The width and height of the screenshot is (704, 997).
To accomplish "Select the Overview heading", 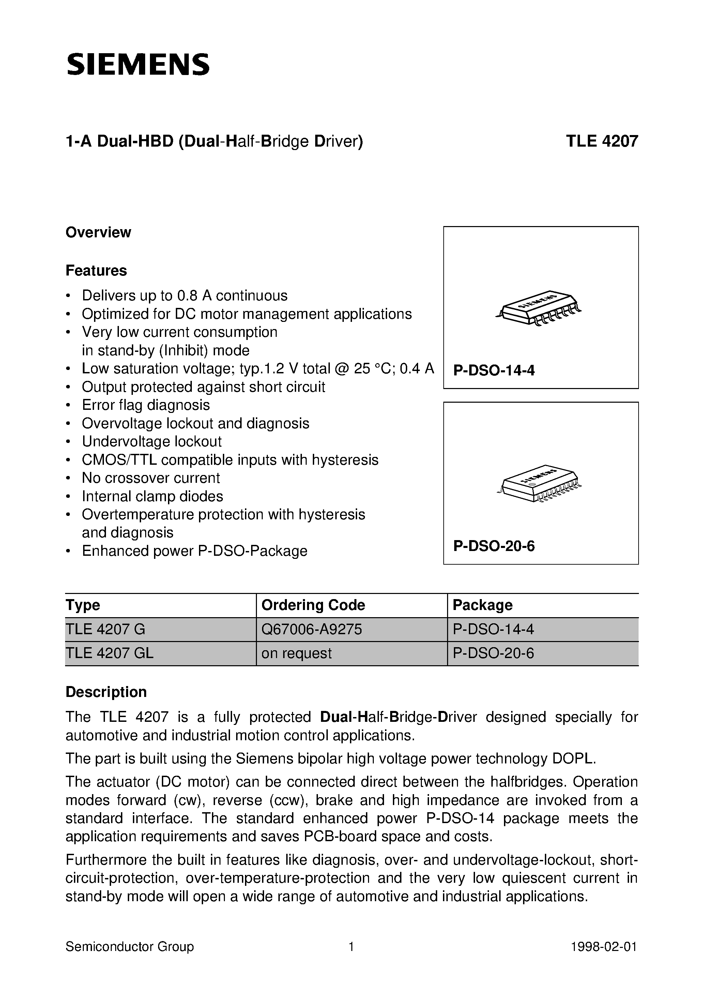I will coord(98,232).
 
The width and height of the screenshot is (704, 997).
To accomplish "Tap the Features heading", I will coord(96,270).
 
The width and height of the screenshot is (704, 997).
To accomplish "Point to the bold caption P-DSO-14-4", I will coord(494,370).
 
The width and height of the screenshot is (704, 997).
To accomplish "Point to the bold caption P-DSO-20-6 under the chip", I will coord(494,546).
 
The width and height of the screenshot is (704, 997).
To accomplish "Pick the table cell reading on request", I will coord(296,653).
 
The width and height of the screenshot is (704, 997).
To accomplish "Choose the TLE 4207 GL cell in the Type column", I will coord(109,653).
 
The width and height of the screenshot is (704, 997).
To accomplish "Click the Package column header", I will coord(482,605).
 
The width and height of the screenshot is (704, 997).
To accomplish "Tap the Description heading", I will coord(106,692).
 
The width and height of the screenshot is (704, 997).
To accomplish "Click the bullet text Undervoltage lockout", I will coord(152,442).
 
